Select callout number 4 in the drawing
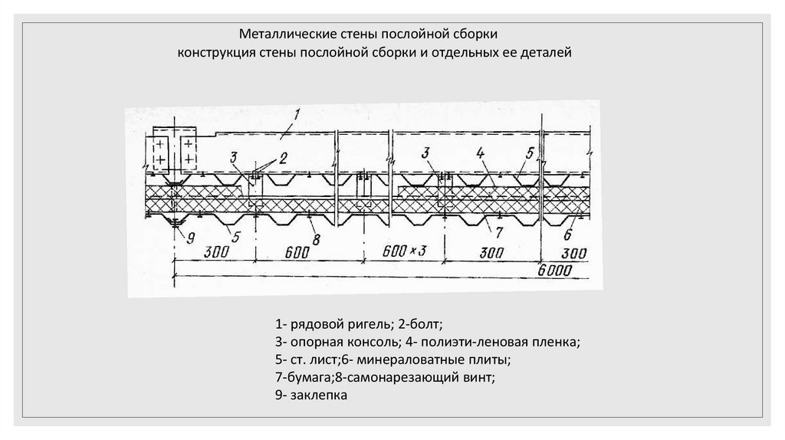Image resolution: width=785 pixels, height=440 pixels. [479, 153]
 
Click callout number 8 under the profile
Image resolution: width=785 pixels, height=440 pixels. [317, 239]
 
